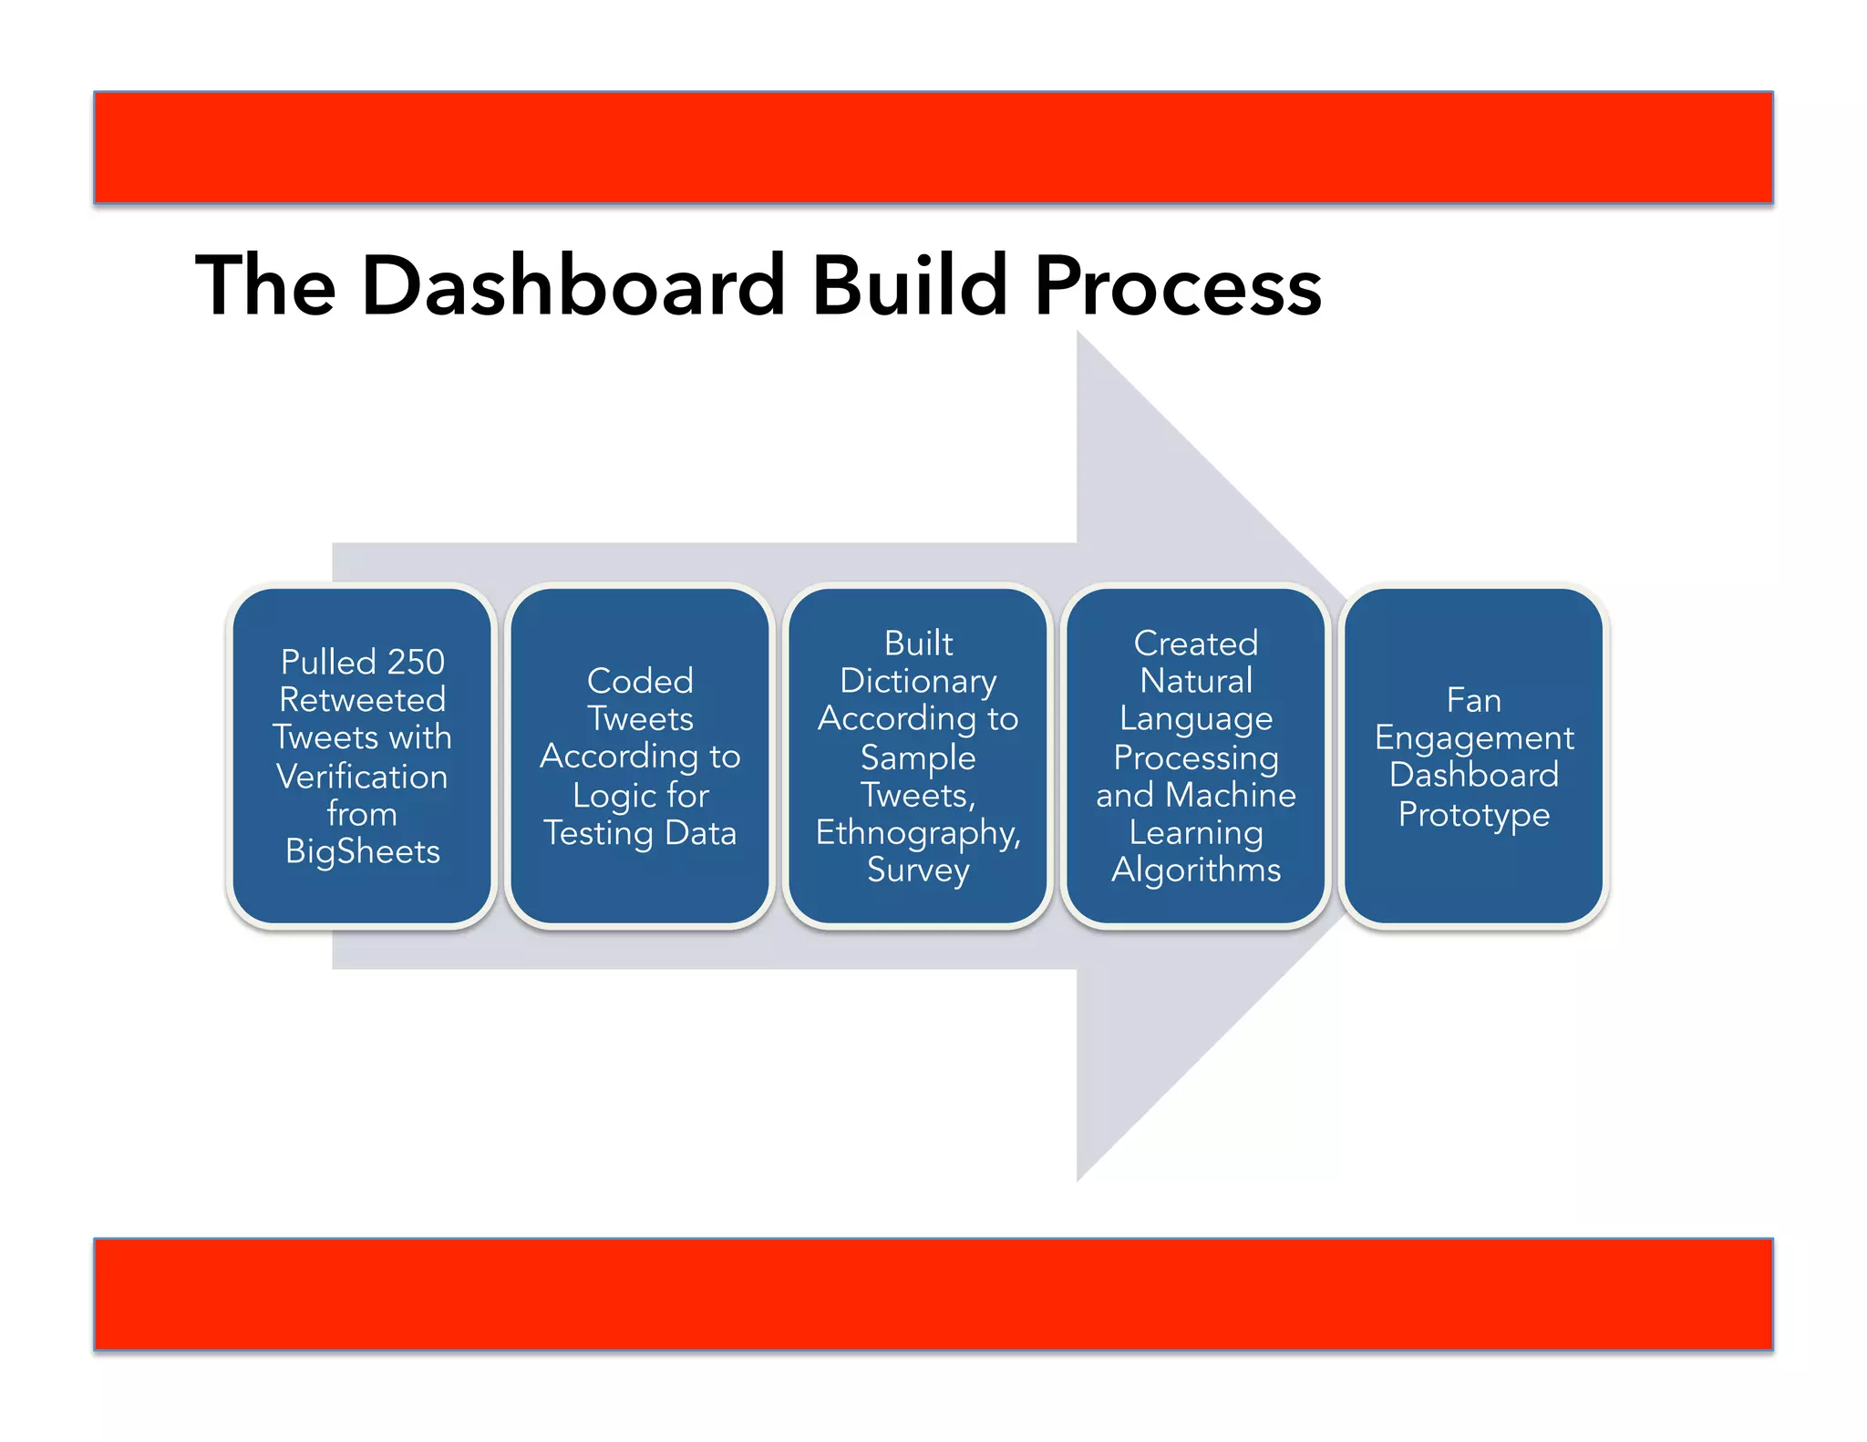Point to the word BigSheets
[362, 851]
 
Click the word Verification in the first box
[362, 777]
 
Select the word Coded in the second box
[640, 681]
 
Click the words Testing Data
[640, 833]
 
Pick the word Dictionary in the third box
[918, 681]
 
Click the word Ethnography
[918, 833]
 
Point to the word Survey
[918, 870]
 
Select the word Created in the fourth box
[1196, 644]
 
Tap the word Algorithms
[1196, 870]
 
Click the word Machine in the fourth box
[1231, 795]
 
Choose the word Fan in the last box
[1473, 700]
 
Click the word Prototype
[1473, 814]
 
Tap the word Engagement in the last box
[1473, 738]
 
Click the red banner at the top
[933, 147]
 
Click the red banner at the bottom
[933, 1293]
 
